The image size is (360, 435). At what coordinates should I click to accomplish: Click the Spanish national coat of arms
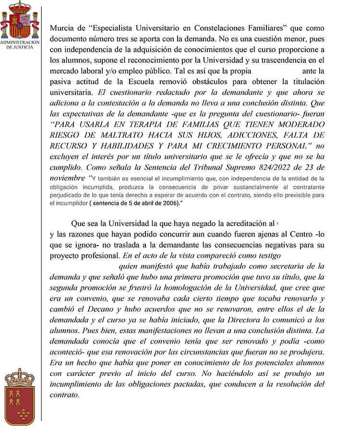(20, 21)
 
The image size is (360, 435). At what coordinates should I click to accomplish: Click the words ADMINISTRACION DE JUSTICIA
(20, 45)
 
